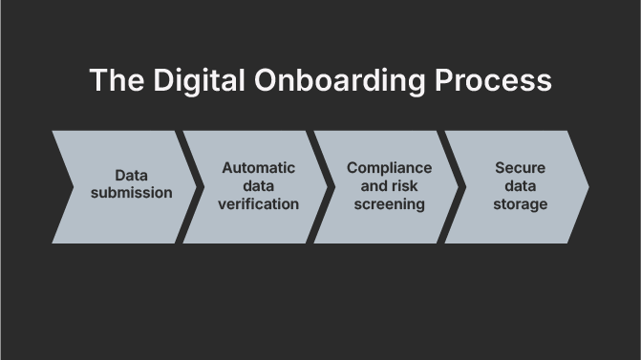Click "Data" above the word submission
point(131,176)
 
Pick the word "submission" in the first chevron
point(131,193)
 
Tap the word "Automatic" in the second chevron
point(258,168)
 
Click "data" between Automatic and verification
point(258,186)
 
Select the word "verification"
point(258,203)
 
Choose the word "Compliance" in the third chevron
point(389,168)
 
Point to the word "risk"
point(405,186)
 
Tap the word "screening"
point(389,203)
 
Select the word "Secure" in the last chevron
point(520,168)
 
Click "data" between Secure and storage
point(520,186)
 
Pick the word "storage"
point(520,203)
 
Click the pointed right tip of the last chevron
point(588,187)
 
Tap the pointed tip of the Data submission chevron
point(196,187)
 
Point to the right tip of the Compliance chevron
point(459,187)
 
